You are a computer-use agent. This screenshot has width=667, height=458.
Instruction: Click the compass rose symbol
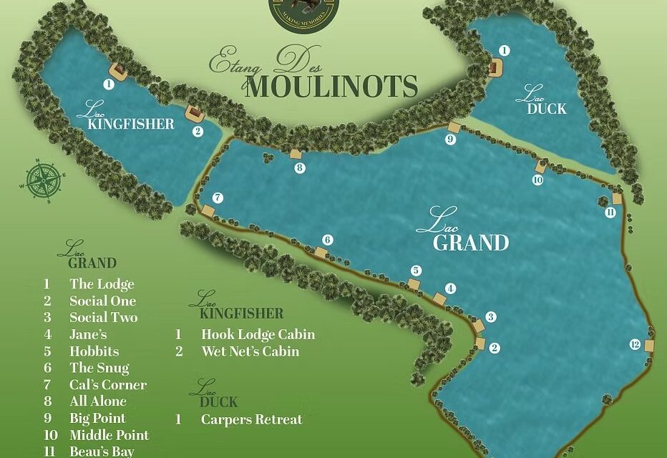click(44, 179)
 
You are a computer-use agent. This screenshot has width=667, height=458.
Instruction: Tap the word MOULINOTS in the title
click(333, 87)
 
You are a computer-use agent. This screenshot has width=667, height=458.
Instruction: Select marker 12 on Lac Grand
click(634, 344)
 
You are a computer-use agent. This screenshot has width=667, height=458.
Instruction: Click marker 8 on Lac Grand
click(300, 168)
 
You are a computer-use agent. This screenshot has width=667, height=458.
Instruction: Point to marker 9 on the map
click(450, 140)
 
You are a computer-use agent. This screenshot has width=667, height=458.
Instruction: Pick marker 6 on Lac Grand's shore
click(328, 240)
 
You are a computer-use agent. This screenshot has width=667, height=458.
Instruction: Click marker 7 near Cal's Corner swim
click(218, 198)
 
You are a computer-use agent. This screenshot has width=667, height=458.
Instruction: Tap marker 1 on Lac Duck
click(504, 50)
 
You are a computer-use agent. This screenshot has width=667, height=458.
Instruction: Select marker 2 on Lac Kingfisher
click(198, 131)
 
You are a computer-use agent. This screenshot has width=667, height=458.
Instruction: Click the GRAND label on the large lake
click(471, 243)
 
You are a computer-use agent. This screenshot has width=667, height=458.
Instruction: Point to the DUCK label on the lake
click(547, 109)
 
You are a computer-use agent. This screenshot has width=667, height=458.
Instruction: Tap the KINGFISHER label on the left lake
click(130, 124)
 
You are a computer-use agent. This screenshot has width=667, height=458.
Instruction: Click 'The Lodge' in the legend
click(102, 284)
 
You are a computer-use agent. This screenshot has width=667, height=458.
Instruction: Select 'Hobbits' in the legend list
click(94, 351)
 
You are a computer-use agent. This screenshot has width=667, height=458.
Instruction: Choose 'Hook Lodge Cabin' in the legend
click(258, 334)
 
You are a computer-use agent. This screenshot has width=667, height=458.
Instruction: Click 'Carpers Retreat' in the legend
click(251, 419)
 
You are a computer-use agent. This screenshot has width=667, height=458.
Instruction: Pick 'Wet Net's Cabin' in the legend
click(250, 351)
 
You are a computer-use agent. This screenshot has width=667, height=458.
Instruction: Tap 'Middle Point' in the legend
click(109, 435)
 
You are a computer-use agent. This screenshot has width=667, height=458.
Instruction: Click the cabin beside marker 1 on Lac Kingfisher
click(118, 70)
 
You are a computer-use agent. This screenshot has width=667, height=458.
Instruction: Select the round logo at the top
click(303, 9)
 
